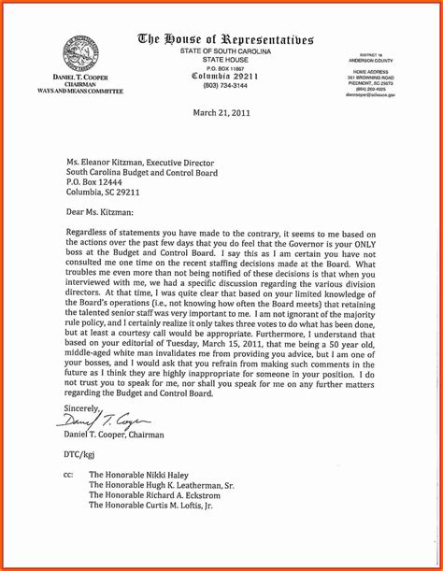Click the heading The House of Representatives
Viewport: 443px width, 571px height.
pyautogui.click(x=225, y=39)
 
